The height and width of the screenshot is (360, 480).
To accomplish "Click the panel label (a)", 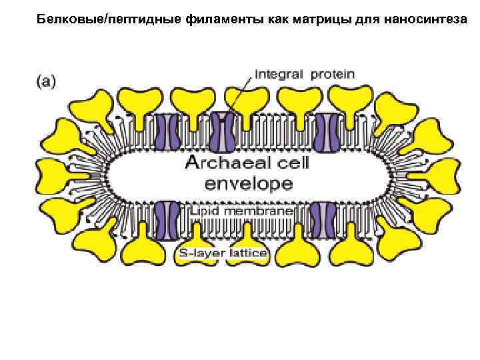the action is point(45,82).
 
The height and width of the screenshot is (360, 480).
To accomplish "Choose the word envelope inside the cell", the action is point(239,183).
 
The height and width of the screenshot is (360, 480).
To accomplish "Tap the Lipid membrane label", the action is point(242,211).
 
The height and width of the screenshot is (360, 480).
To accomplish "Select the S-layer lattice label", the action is point(223,253).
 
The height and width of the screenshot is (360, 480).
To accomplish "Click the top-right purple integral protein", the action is point(328,129).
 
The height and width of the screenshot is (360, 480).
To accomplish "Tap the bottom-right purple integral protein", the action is point(323,221).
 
